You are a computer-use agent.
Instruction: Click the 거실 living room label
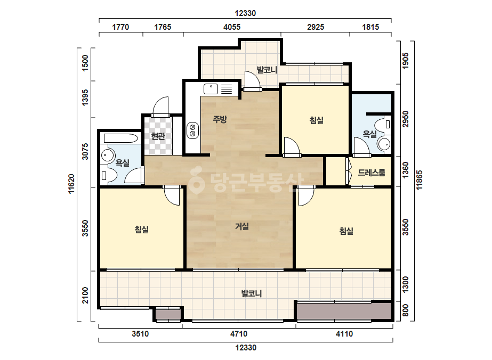242,226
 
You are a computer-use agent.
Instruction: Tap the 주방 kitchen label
220,119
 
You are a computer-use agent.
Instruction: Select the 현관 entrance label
158,136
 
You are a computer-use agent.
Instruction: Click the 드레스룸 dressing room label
372,172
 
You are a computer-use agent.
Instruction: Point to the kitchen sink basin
211,89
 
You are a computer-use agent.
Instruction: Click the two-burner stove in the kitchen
192,130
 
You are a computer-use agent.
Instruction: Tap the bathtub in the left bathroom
121,138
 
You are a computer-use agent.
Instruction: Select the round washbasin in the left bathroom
108,156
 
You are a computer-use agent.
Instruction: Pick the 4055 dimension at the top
232,27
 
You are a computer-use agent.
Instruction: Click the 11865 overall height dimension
419,180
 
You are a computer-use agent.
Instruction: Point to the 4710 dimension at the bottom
239,334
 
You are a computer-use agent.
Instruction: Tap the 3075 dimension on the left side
85,151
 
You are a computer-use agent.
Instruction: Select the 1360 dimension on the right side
406,170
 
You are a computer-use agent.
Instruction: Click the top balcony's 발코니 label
267,70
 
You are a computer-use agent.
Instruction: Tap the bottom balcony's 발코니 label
252,293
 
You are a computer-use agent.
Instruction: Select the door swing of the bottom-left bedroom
172,197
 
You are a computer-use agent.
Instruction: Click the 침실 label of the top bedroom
316,120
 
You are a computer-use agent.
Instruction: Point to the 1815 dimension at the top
370,27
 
